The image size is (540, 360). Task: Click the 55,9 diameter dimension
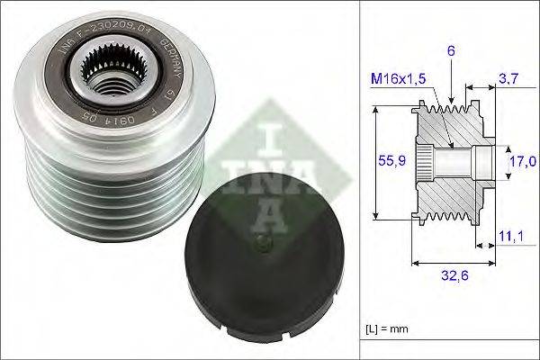tap(386, 160)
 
